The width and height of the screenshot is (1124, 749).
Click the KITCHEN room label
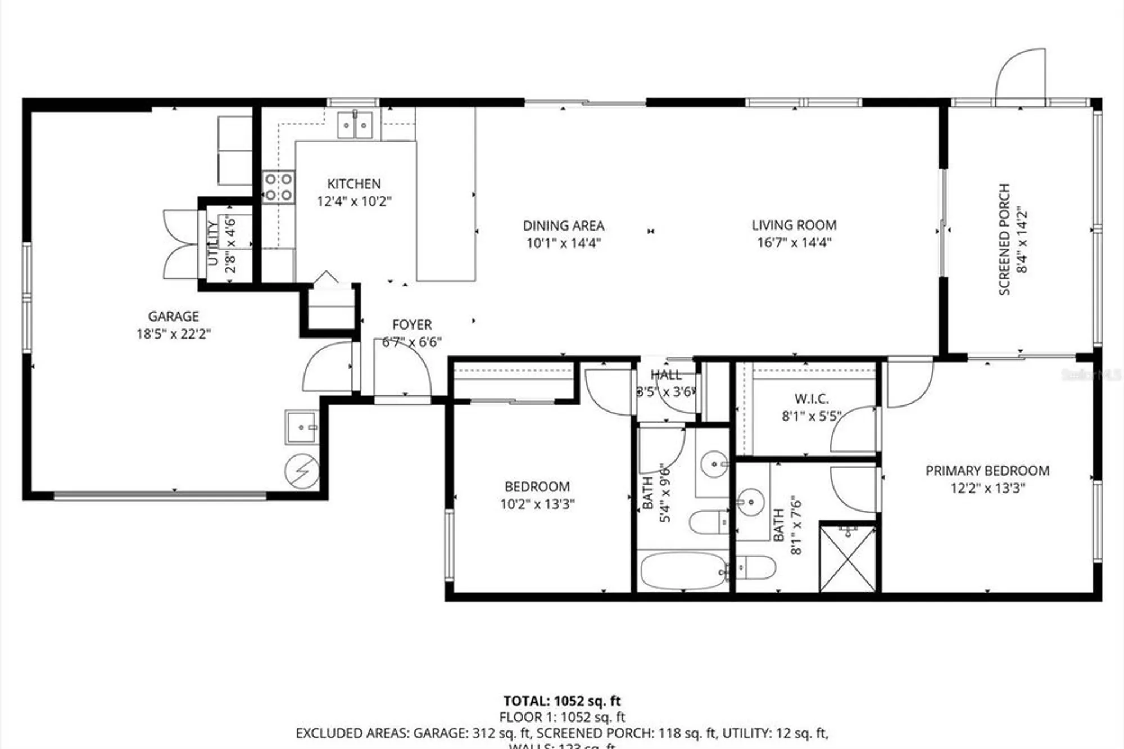point(353,184)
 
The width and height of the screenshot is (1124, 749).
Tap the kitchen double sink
point(355,125)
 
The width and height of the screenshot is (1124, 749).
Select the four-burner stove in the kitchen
point(279,187)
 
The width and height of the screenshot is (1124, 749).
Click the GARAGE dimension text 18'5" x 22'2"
point(173,334)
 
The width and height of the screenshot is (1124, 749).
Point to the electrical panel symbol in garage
point(302,471)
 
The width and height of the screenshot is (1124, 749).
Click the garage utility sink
point(302,427)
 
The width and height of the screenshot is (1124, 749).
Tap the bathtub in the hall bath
point(682,571)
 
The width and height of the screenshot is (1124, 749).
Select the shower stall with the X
point(847,558)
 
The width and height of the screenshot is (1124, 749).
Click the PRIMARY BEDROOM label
point(987,471)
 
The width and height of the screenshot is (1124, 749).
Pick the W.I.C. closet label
point(812,399)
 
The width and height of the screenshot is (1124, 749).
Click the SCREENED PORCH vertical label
point(1005,239)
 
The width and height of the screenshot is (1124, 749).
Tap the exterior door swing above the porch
point(1021,78)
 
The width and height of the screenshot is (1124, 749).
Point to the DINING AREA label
point(564,226)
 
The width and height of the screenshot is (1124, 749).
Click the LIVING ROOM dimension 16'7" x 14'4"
point(794,243)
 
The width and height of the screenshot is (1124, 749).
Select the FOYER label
point(412,325)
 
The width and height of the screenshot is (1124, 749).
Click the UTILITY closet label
point(212,243)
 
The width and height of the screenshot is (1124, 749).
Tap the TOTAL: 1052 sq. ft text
point(561,701)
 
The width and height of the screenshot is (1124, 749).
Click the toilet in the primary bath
point(756,567)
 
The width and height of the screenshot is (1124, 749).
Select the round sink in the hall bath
point(714,464)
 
